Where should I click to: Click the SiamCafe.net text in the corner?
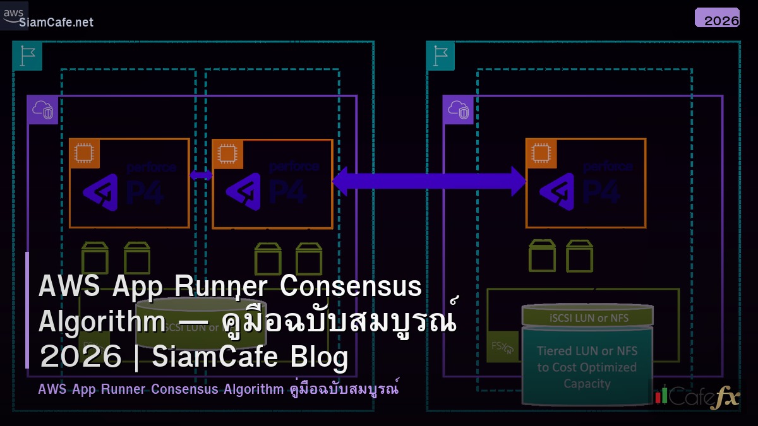pyautogui.click(x=56, y=23)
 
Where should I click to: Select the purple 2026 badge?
pyautogui.click(x=717, y=18)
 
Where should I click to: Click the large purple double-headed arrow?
pyautogui.click(x=429, y=182)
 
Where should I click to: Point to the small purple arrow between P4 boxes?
pyautogui.click(x=201, y=175)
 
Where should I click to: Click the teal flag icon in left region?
pyautogui.click(x=27, y=56)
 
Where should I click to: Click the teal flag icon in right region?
pyautogui.click(x=440, y=56)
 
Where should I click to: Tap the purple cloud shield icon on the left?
pyautogui.click(x=42, y=110)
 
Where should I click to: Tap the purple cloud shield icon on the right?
pyautogui.click(x=458, y=110)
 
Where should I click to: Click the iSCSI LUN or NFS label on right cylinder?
pyautogui.click(x=587, y=318)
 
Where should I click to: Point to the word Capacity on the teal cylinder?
pyautogui.click(x=587, y=383)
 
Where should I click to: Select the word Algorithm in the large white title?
pyautogui.click(x=101, y=322)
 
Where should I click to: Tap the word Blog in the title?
pyautogui.click(x=320, y=357)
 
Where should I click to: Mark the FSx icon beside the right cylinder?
pyautogui.click(x=502, y=346)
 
